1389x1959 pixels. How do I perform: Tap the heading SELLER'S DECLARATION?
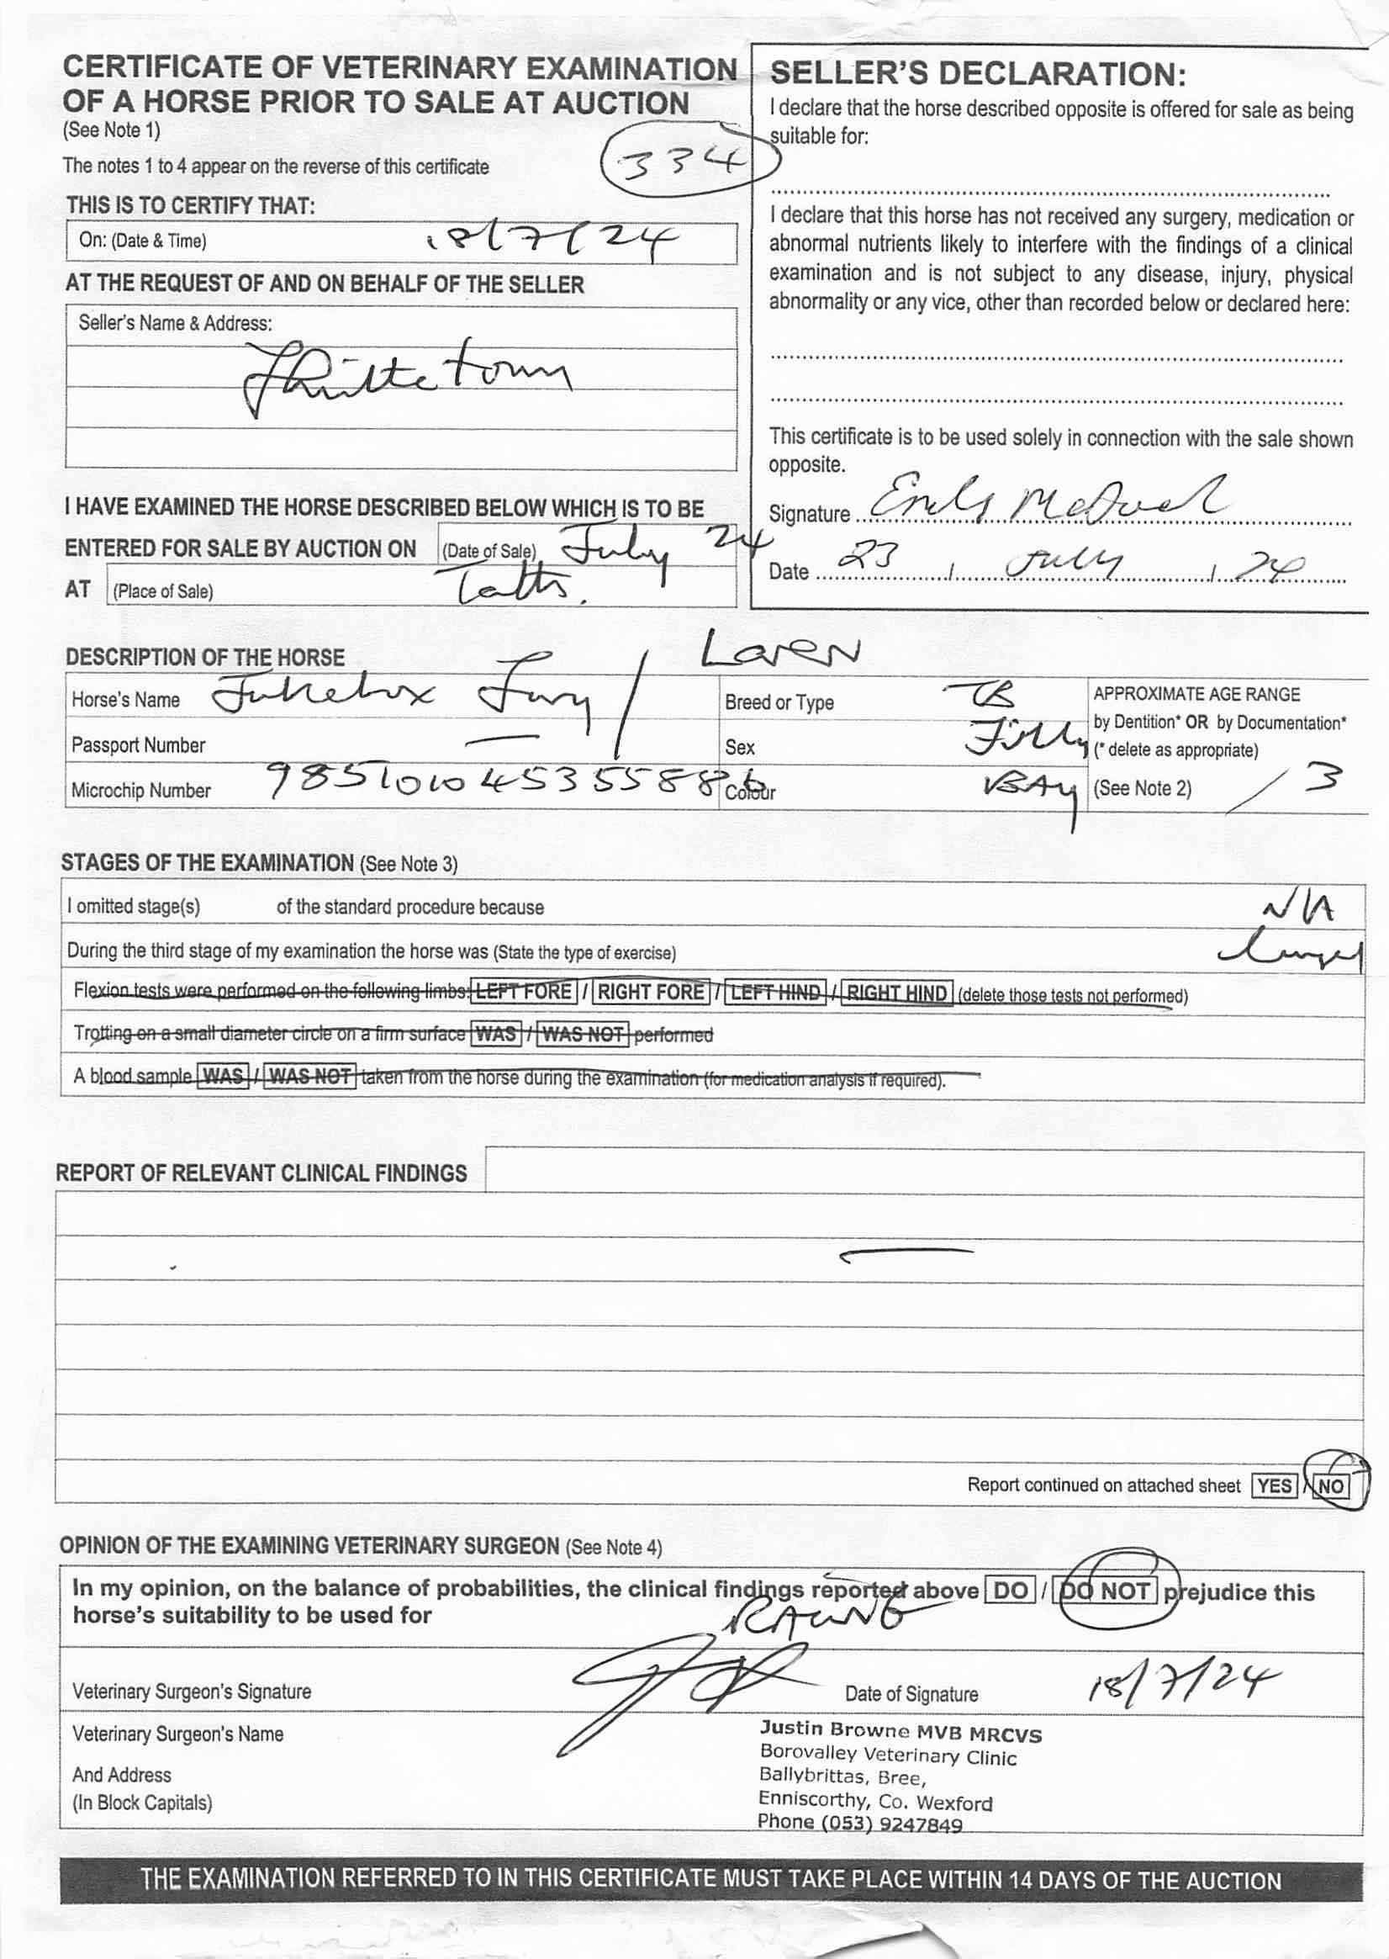coord(978,74)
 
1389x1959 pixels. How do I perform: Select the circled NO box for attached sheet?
coord(1331,1485)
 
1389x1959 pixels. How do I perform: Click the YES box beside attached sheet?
coord(1274,1485)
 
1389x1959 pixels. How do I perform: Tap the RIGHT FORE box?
coord(651,992)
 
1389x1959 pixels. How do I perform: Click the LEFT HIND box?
coord(777,993)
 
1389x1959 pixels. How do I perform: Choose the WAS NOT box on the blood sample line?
coord(309,1075)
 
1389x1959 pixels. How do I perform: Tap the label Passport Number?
coord(139,745)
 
